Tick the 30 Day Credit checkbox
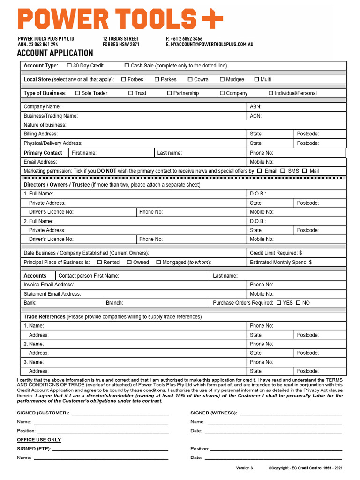[x=69, y=66]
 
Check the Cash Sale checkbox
[x=127, y=66]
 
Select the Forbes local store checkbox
[x=124, y=79]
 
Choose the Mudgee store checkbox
[x=222, y=79]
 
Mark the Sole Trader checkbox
[x=77, y=93]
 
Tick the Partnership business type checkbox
[x=169, y=93]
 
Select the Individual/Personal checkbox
[x=271, y=93]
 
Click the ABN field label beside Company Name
[x=255, y=107]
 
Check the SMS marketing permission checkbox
[x=283, y=171]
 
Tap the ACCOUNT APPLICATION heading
[x=55, y=53]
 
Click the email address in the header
[x=210, y=44]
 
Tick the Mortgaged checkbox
[x=158, y=262]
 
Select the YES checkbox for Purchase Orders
[x=279, y=303]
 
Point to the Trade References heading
[x=45, y=317]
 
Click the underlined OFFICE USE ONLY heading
[x=39, y=440]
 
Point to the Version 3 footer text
[x=244, y=468]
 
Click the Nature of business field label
[x=45, y=125]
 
